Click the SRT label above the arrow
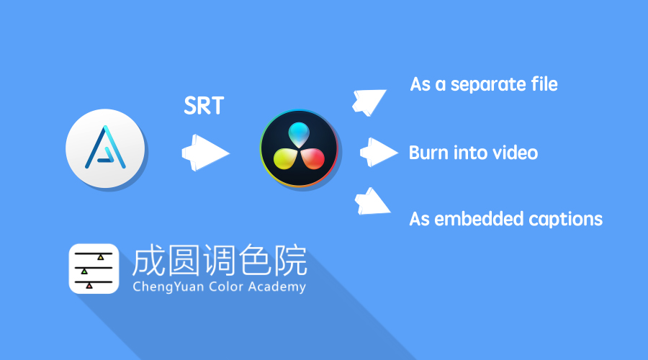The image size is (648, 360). click(204, 107)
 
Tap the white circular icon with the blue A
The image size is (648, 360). click(106, 150)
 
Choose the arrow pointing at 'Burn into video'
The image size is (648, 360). click(378, 152)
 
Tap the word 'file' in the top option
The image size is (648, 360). click(544, 84)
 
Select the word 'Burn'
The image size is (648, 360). click(426, 153)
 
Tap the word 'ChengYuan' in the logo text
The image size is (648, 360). click(164, 287)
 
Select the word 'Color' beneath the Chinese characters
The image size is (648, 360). click(220, 287)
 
